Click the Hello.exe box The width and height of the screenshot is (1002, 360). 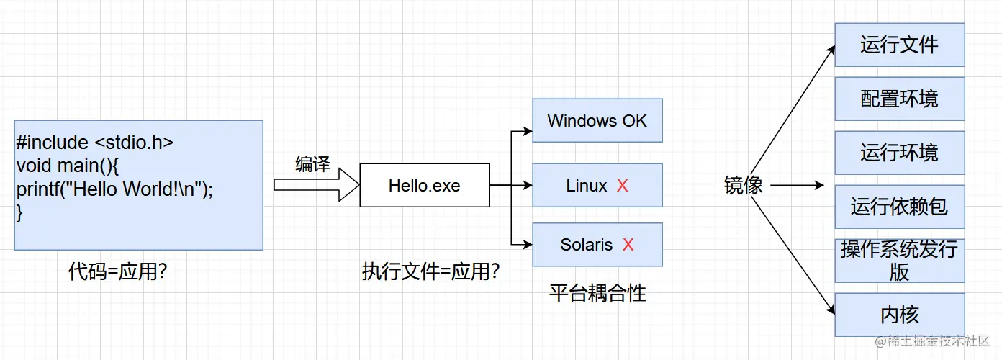click(424, 186)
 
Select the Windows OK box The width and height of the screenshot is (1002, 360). click(597, 121)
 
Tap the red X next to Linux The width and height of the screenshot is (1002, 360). click(623, 186)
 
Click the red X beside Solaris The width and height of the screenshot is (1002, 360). click(628, 245)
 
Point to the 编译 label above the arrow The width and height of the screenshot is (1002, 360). click(312, 164)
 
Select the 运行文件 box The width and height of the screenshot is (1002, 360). click(899, 45)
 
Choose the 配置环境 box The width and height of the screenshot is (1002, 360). click(899, 99)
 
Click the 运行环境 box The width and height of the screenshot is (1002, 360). click(899, 153)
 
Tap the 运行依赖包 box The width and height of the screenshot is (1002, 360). click(899, 207)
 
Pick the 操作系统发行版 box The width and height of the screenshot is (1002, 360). click(899, 261)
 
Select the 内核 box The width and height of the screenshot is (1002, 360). click(899, 315)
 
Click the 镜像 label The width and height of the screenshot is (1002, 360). click(743, 185)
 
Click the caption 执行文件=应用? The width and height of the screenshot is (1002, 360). click(431, 272)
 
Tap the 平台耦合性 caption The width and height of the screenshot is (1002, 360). click(597, 293)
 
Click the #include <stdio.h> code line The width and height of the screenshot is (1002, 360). click(94, 143)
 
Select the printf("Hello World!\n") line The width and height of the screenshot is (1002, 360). click(115, 189)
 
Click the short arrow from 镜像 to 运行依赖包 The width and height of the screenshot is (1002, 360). click(796, 185)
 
